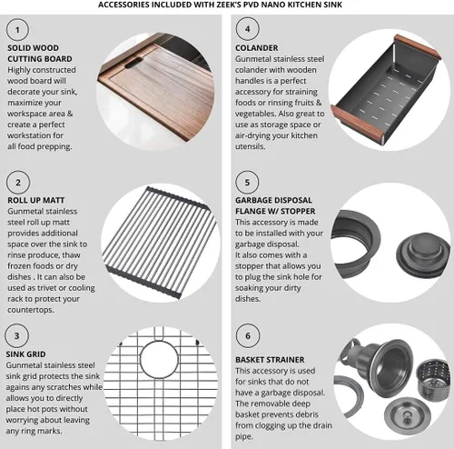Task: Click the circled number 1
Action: pyautogui.click(x=17, y=30)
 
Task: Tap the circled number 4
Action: pyautogui.click(x=247, y=29)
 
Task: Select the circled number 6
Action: pyautogui.click(x=248, y=335)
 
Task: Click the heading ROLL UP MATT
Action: pyautogui.click(x=36, y=200)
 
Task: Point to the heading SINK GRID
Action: pyautogui.click(x=25, y=354)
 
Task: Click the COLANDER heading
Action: pyautogui.click(x=257, y=48)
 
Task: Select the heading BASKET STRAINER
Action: pyautogui.click(x=270, y=360)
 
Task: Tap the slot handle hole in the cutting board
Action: pyautogui.click(x=133, y=63)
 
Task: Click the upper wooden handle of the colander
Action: pyautogui.click(x=417, y=46)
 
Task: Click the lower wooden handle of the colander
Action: pyautogui.click(x=357, y=122)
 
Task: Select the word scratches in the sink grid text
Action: pyautogui.click(x=64, y=387)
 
